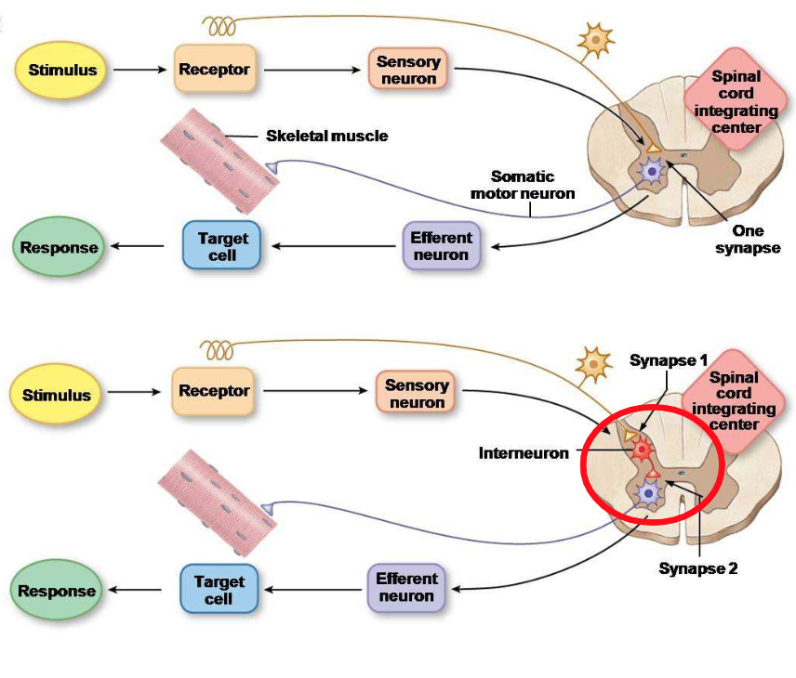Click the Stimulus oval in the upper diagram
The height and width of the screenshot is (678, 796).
tap(62, 71)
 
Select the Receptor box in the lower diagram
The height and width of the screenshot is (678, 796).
tap(214, 391)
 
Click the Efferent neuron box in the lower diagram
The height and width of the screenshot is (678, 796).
tap(406, 587)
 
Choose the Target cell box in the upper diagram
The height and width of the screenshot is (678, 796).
tap(222, 246)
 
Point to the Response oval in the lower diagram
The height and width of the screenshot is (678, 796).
tap(58, 591)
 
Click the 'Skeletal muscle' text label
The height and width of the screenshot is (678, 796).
tap(326, 136)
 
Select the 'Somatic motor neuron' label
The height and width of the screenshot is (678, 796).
tap(535, 185)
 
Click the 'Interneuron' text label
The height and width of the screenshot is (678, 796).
tap(524, 453)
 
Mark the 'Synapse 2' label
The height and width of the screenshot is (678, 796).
tap(697, 568)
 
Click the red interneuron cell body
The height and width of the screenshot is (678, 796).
tap(641, 450)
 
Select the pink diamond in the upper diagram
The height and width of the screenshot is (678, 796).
tap(736, 102)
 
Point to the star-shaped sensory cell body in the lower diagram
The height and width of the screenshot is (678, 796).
tap(592, 365)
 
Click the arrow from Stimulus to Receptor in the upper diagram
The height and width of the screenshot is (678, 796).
tap(139, 71)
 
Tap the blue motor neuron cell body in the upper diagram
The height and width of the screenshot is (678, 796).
tap(652, 172)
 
